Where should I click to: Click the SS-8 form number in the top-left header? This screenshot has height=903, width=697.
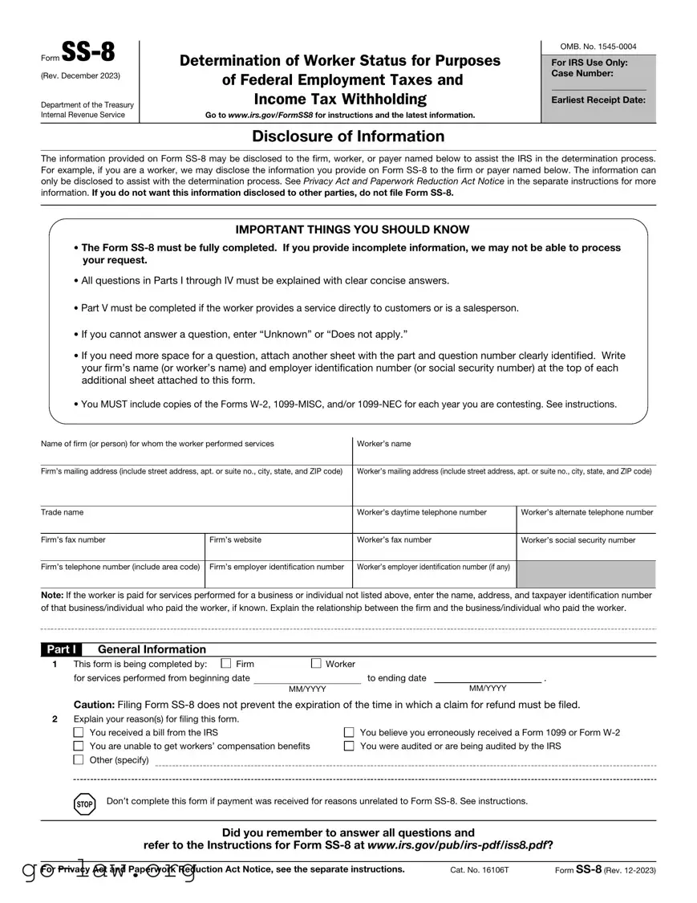88,55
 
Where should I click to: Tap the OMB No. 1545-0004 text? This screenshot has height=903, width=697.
598,47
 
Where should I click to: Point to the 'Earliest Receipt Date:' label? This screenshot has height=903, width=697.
598,100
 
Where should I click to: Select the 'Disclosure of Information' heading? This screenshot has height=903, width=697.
348,136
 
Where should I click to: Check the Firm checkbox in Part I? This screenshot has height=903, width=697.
225,664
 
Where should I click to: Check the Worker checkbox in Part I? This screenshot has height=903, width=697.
315,664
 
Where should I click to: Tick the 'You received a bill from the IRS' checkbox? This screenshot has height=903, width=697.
79,733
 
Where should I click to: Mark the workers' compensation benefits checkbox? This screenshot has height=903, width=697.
79,746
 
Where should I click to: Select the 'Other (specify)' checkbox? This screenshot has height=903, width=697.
79,760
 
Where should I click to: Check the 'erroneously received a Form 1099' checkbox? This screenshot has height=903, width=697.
349,733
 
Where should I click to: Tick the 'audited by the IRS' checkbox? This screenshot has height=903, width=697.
349,746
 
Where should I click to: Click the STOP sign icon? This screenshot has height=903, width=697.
85,803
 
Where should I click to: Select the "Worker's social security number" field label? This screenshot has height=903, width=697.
577,540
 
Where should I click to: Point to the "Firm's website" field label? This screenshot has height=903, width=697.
235,540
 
